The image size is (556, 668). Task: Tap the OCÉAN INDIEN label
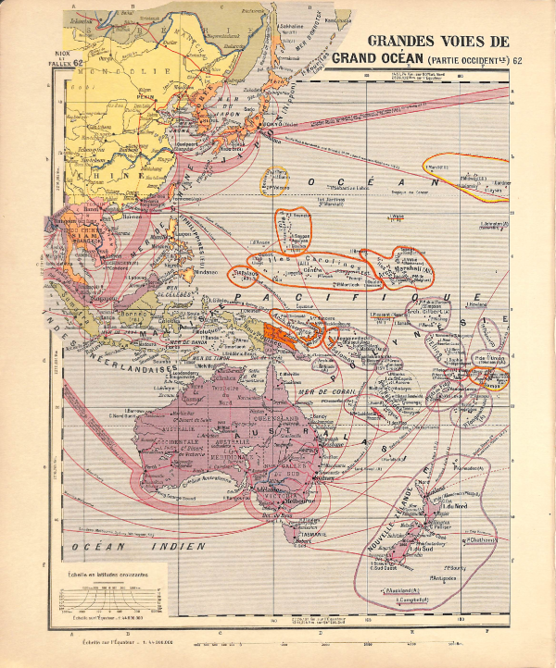tap(164, 548)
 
